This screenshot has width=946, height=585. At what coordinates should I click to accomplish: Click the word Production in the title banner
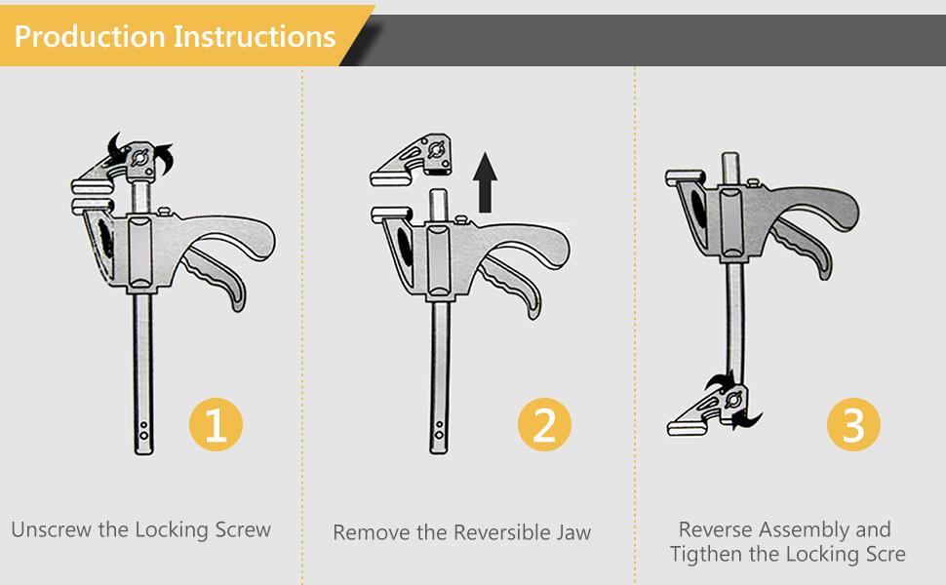pyautogui.click(x=90, y=36)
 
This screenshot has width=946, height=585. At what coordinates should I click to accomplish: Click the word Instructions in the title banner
pyautogui.click(x=255, y=36)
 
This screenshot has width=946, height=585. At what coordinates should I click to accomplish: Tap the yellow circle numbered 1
pyautogui.click(x=216, y=424)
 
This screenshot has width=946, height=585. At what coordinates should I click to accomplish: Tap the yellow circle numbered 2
pyautogui.click(x=544, y=424)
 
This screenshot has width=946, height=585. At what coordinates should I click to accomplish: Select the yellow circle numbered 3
pyautogui.click(x=853, y=424)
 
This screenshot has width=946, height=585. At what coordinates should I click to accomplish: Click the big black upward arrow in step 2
pyautogui.click(x=485, y=182)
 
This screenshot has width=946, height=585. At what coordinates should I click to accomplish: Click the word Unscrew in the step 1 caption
pyautogui.click(x=52, y=529)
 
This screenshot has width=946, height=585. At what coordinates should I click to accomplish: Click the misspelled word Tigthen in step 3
pyautogui.click(x=706, y=554)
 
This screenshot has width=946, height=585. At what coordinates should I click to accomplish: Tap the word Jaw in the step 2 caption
pyautogui.click(x=573, y=532)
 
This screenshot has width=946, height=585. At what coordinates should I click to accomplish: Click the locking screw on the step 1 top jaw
pyautogui.click(x=140, y=157)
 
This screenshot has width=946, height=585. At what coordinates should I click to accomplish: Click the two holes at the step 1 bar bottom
pyautogui.click(x=143, y=430)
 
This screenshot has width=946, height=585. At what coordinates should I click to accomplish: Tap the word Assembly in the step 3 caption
pyautogui.click(x=805, y=530)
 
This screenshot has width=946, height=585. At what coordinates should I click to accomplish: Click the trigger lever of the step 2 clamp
pyautogui.click(x=511, y=287)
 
